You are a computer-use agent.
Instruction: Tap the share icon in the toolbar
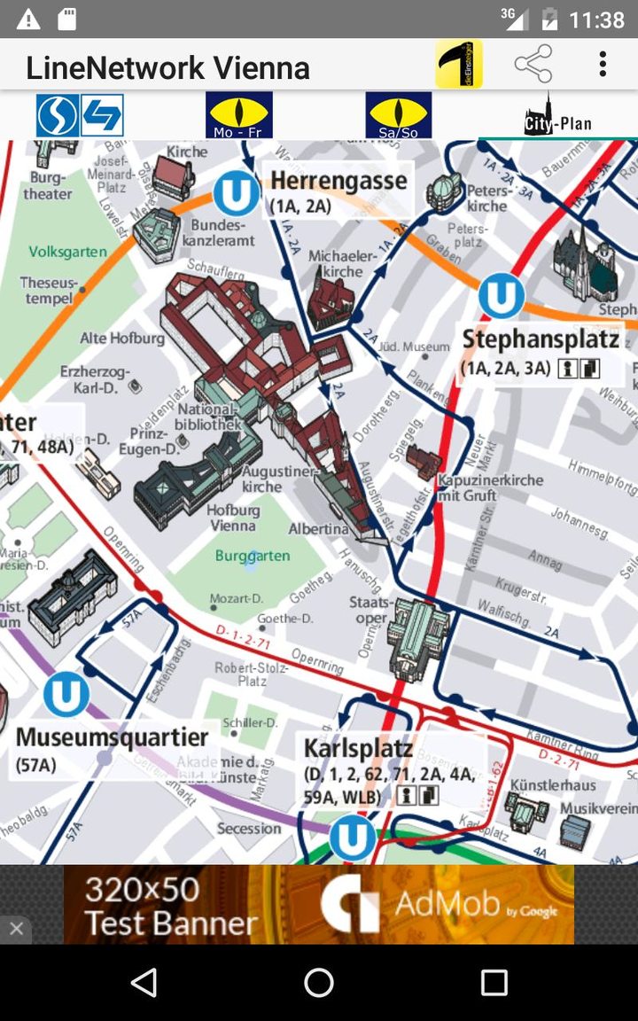[x=533, y=65]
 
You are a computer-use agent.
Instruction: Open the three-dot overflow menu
[x=603, y=65]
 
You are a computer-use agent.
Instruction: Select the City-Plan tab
[x=557, y=116]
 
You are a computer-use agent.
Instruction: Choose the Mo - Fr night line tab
[x=238, y=115]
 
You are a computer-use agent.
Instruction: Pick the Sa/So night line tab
[x=398, y=115]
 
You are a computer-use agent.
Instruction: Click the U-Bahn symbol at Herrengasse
[x=237, y=194]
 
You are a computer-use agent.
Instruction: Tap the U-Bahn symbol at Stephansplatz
[x=502, y=297]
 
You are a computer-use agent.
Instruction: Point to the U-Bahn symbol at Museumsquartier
[x=66, y=695]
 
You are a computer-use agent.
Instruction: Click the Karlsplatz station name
[x=358, y=748]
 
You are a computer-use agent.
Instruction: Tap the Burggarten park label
[x=253, y=557]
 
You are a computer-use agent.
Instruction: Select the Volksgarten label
[x=68, y=252]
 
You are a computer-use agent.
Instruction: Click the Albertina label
[x=318, y=529]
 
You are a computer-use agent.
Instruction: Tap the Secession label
[x=249, y=829]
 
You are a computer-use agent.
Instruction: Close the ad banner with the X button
[x=16, y=929]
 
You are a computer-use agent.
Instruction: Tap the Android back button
[x=144, y=982]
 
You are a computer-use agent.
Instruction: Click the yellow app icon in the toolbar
[x=458, y=65]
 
